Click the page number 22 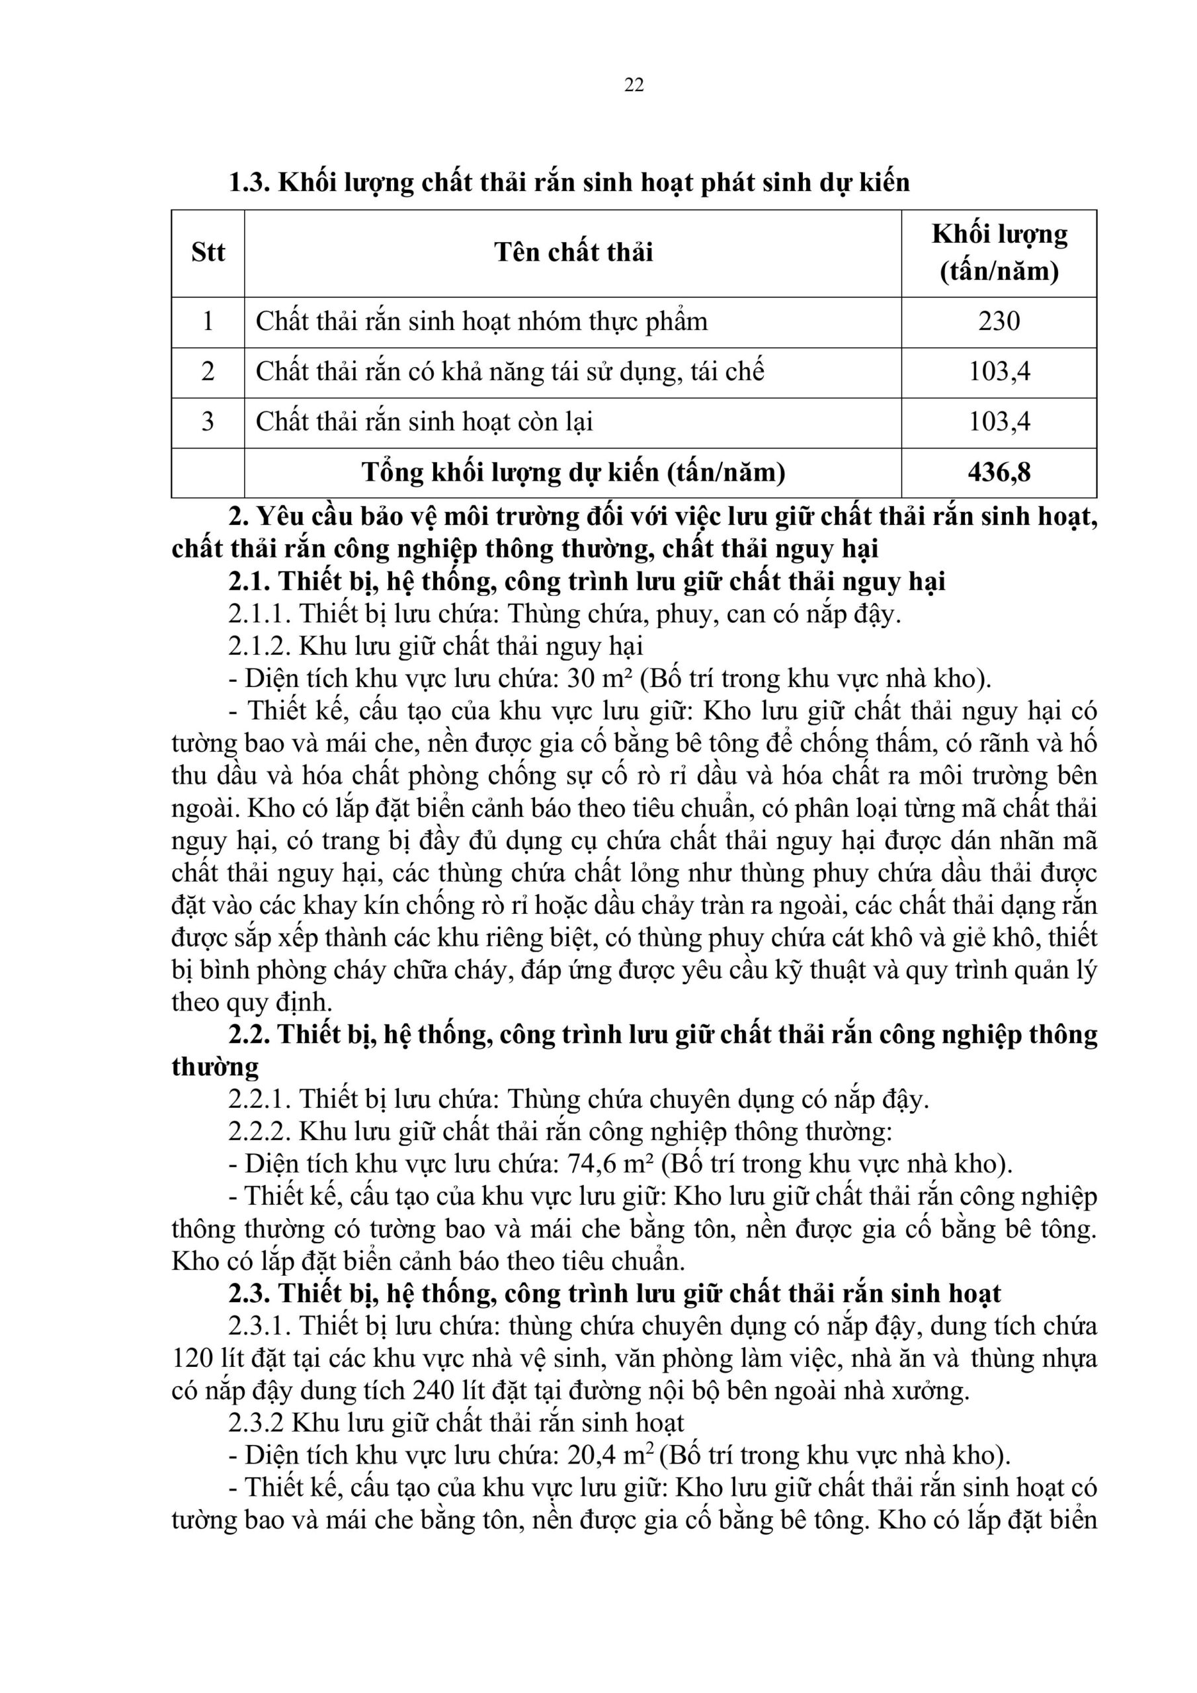(x=634, y=85)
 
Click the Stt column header (x=208, y=253)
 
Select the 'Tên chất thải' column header (x=573, y=253)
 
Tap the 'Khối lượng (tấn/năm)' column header (x=999, y=253)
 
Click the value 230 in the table (x=999, y=321)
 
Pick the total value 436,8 (x=999, y=473)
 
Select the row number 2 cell (x=208, y=372)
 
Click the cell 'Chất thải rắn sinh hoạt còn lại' (x=424, y=422)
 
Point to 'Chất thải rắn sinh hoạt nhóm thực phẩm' (x=481, y=321)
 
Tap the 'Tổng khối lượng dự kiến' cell (x=573, y=473)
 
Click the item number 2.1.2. (x=261, y=647)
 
